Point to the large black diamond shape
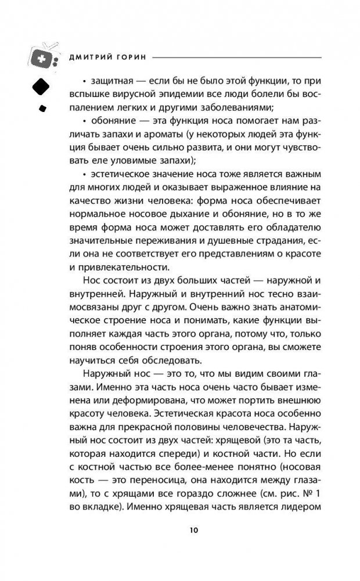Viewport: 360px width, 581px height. point(39,87)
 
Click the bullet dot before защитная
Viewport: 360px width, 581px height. point(85,81)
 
